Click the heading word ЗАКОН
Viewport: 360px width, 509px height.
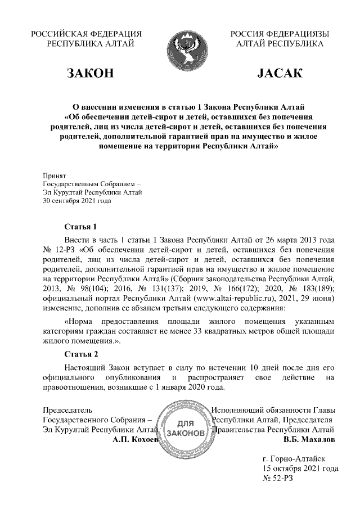click(91, 74)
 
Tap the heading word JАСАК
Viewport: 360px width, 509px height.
click(280, 74)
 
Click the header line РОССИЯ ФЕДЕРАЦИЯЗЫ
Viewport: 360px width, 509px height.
click(280, 34)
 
